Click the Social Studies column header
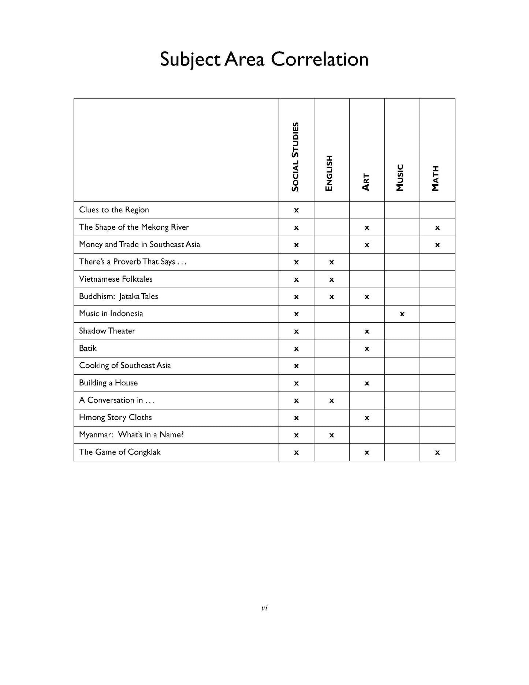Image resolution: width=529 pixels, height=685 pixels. pyautogui.click(x=295, y=157)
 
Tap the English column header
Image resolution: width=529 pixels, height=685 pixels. pyautogui.click(x=329, y=173)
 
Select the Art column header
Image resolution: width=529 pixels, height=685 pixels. pyautogui.click(x=366, y=182)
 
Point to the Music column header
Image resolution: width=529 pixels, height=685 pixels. pyautogui.click(x=400, y=178)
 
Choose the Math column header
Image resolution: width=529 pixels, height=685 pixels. pyautogui.click(x=435, y=179)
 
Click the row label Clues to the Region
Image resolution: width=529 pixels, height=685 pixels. pyautogui.click(x=114, y=210)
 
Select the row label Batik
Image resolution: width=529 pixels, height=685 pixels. pyautogui.click(x=88, y=348)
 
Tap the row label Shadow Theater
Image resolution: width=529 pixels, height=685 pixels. pyautogui.click(x=107, y=331)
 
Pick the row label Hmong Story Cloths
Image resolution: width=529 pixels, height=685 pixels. pyautogui.click(x=115, y=418)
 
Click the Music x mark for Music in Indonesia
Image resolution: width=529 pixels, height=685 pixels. pyautogui.click(x=402, y=314)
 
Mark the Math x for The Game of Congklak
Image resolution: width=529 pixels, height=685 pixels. pyautogui.click(x=437, y=452)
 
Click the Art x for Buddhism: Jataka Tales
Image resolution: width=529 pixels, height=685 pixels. pyautogui.click(x=367, y=297)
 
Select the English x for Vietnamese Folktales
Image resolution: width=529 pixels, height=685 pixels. pyautogui.click(x=332, y=279)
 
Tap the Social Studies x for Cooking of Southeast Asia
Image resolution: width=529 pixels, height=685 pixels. pyautogui.click(x=297, y=366)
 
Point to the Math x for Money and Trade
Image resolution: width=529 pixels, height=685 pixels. pyautogui.click(x=437, y=245)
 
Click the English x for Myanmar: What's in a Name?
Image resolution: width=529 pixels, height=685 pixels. pyautogui.click(x=332, y=435)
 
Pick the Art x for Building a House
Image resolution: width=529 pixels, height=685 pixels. pyautogui.click(x=367, y=383)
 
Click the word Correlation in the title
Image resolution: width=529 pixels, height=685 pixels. pyautogui.click(x=319, y=59)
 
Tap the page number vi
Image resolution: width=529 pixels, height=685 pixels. pyautogui.click(x=264, y=608)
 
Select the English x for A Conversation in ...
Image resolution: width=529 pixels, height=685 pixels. pyautogui.click(x=332, y=400)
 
